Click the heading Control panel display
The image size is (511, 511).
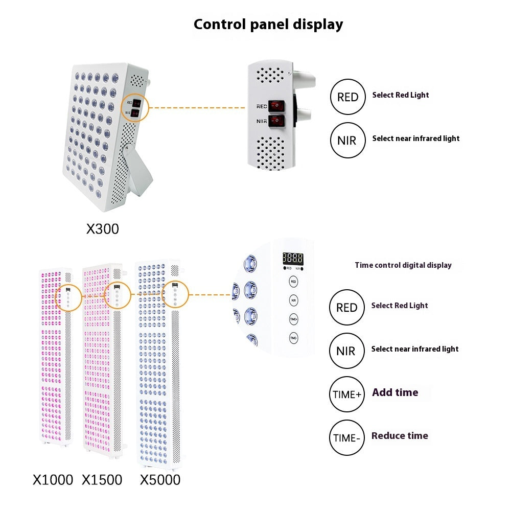tap(268, 24)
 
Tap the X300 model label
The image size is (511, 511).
tap(102, 228)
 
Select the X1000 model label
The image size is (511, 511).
tap(53, 480)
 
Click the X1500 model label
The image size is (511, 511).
tap(102, 480)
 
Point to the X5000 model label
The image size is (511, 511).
tap(160, 480)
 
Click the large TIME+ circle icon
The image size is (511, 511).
tap(347, 394)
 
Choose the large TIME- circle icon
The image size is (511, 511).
tap(347, 438)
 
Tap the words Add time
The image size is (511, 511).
tap(395, 392)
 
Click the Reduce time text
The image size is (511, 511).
tap(400, 436)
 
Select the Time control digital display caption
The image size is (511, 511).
tap(403, 265)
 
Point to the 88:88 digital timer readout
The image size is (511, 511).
tap(293, 259)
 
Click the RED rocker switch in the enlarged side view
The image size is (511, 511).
tap(276, 105)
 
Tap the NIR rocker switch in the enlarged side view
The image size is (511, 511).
tap(276, 121)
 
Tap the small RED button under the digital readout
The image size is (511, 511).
tap(293, 282)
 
